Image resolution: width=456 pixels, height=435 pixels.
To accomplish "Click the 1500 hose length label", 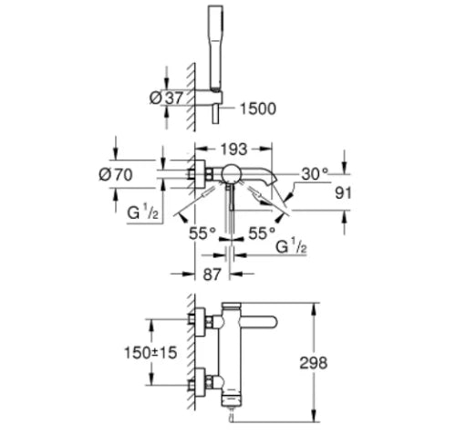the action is click(258, 109).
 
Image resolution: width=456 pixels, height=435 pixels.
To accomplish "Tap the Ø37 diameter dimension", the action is click(167, 98).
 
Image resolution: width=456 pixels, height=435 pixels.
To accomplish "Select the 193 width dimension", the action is click(234, 150).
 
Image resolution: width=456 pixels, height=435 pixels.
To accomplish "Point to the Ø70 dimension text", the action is click(116, 174).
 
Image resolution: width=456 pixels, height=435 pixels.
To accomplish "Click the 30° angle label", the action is click(315, 174).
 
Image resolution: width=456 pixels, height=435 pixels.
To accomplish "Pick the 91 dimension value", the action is click(343, 192).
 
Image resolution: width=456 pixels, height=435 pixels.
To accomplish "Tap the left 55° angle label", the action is click(202, 233).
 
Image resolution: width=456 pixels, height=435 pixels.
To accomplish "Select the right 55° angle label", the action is click(262, 233).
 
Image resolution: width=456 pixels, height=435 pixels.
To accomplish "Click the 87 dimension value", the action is click(212, 274).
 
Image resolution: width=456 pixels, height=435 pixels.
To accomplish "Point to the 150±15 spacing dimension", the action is click(150, 353).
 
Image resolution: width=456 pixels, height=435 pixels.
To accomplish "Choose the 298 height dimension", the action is click(314, 363).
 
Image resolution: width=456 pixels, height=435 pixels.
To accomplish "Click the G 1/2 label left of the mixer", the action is click(143, 212).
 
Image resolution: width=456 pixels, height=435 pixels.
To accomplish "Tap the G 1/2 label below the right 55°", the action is click(291, 246).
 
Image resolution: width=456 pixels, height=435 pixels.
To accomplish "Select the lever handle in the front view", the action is click(259, 323).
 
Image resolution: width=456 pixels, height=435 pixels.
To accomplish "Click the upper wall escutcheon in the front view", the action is click(200, 322).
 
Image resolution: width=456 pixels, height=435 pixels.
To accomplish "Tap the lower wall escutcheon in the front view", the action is click(200, 382).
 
